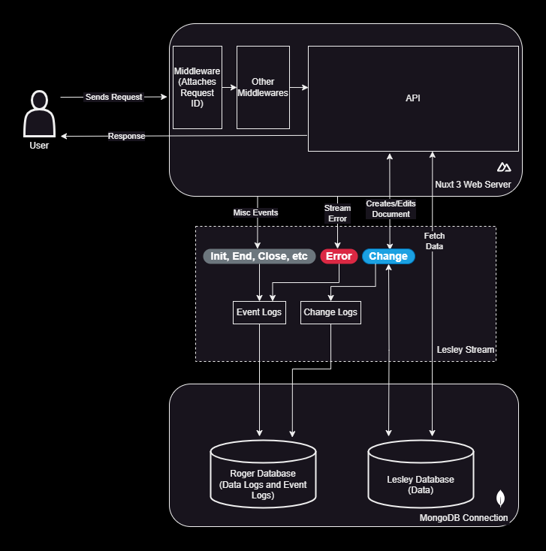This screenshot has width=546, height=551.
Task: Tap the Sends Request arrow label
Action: tap(113, 98)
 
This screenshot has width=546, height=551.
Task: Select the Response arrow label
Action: tap(126, 136)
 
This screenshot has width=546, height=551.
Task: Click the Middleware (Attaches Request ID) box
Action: tap(198, 87)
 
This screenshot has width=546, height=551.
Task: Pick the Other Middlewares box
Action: tap(263, 87)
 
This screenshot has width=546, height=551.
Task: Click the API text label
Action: tap(413, 98)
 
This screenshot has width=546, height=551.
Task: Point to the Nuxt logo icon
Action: tap(504, 167)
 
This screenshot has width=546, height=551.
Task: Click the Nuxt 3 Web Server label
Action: tap(473, 184)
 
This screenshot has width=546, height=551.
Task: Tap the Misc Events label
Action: tap(255, 212)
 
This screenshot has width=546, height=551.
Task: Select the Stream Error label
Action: tap(337, 213)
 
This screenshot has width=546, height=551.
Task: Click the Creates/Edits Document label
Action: tap(391, 209)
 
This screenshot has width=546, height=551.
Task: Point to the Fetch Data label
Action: tap(434, 241)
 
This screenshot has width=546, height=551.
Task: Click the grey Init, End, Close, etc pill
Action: tap(259, 256)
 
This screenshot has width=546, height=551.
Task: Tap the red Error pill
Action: tap(339, 256)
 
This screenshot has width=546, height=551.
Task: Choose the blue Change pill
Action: tap(388, 256)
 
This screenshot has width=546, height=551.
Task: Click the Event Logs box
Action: tap(259, 312)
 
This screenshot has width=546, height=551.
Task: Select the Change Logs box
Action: tap(330, 312)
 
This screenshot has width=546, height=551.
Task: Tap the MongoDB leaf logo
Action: tap(501, 498)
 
